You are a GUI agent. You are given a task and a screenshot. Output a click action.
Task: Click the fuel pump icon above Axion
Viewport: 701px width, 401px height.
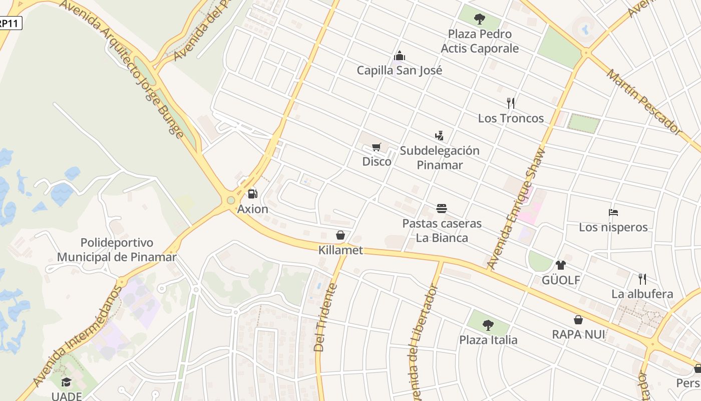(253, 193)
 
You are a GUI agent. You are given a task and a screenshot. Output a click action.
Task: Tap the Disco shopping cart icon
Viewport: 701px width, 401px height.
(377, 147)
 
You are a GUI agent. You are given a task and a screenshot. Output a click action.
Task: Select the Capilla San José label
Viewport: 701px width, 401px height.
(399, 70)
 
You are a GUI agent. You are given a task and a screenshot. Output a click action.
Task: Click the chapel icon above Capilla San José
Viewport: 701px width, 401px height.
(399, 55)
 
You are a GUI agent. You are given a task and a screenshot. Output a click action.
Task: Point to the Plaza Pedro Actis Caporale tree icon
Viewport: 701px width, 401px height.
(480, 19)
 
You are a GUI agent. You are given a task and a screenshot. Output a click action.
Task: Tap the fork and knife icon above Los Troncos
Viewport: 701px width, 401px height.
(511, 103)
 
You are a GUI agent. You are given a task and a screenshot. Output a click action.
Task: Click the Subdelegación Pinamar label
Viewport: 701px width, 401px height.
(440, 157)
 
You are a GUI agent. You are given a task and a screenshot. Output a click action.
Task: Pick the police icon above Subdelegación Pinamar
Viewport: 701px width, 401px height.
(439, 135)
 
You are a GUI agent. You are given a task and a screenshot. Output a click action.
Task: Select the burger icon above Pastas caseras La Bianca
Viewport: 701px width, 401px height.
(442, 208)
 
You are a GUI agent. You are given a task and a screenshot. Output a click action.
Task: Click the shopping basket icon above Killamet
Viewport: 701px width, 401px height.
(340, 235)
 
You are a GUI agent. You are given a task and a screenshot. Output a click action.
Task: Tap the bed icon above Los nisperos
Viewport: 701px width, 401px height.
(613, 212)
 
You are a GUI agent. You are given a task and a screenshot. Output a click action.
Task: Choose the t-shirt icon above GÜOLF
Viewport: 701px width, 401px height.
(561, 265)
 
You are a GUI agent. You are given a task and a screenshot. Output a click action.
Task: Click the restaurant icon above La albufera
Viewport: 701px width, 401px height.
(642, 279)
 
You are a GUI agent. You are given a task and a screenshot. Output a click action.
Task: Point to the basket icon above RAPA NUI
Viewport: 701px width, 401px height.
(578, 319)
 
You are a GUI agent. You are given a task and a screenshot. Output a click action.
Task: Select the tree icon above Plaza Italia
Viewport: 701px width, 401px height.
(488, 325)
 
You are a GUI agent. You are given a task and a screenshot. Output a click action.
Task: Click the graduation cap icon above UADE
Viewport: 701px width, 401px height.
(66, 382)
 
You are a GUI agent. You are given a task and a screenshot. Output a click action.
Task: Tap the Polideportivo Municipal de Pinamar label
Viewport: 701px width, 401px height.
(117, 250)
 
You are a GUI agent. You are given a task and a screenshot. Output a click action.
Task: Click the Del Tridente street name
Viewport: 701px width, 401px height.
(325, 317)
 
